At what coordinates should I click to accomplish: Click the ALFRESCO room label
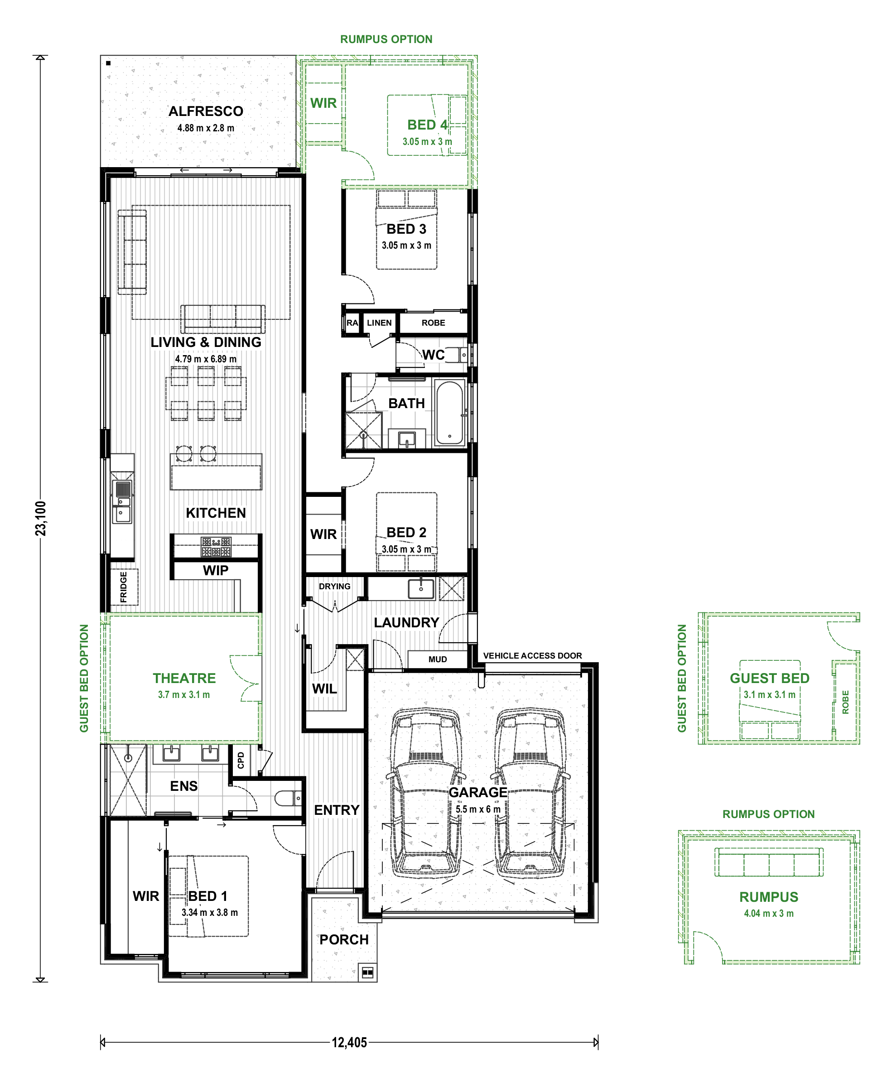coord(206,111)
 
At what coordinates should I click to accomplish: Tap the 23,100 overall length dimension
coord(41,519)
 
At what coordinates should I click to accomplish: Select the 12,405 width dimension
coord(349,1042)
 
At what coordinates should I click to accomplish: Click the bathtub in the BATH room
coord(450,413)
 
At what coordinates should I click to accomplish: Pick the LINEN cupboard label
coord(379,323)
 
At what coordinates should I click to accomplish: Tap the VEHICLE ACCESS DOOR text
coord(532,655)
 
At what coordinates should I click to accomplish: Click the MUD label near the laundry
coord(438,659)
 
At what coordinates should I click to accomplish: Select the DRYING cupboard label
coord(334,586)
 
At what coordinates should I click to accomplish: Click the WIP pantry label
coord(216,570)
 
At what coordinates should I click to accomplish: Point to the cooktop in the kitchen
coord(216,547)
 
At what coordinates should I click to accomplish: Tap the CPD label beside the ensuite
coord(241,760)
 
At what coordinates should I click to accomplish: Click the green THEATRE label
coord(184,678)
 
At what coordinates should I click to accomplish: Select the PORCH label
coord(344,939)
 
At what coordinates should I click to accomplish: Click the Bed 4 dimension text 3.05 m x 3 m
coord(427,142)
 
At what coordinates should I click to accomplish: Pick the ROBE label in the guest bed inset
coord(845,702)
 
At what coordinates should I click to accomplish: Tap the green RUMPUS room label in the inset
coord(769,897)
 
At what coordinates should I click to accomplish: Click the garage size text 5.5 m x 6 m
coord(477,809)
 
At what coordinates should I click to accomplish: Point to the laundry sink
coord(421,589)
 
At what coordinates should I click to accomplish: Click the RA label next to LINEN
coord(352,323)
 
